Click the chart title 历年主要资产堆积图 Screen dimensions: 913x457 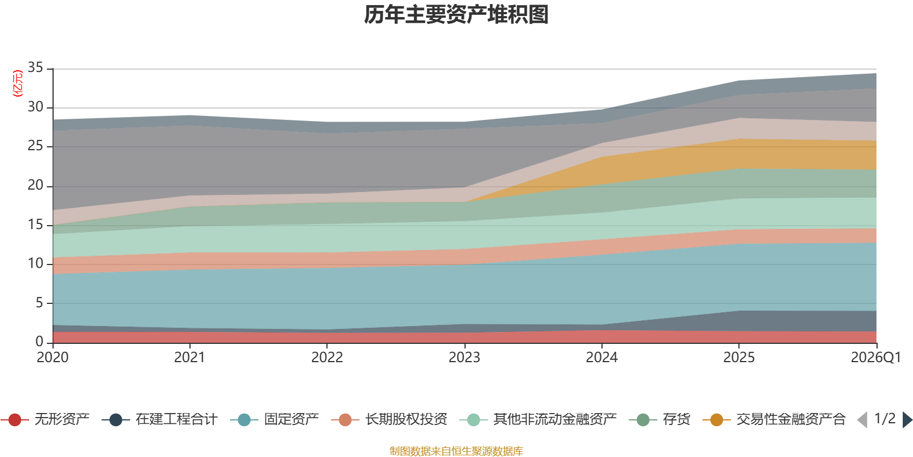tap(456, 15)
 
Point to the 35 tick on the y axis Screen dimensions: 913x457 tap(35, 67)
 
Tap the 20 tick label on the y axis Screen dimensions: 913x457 tap(35, 185)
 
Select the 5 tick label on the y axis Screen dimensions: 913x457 tap(39, 303)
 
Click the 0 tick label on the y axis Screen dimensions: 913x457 tap(39, 341)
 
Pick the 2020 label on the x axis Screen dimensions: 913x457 tap(52, 358)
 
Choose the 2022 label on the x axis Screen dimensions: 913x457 tap(327, 358)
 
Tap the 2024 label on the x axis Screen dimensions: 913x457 tap(601, 358)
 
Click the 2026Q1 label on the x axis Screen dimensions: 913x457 tap(875, 358)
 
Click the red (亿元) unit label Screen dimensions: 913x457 tap(18, 83)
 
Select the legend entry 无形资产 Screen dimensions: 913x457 tap(45, 419)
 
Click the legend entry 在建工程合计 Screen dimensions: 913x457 tap(160, 419)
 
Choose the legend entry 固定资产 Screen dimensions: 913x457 tap(274, 419)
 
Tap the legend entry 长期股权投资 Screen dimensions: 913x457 tap(389, 419)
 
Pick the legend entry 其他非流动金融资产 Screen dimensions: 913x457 tap(538, 419)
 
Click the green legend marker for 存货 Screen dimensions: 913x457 tap(643, 419)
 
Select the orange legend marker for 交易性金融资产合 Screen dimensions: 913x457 tap(716, 419)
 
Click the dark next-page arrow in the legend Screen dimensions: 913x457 tap(907, 419)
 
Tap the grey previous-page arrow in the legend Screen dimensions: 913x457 tap(862, 419)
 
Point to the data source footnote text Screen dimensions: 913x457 tap(456, 451)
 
